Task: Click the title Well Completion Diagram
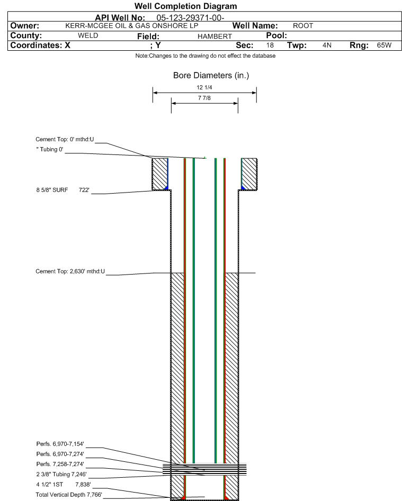coord(185,6)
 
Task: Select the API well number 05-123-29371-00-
coord(190,18)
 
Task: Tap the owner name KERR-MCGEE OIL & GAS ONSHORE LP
coord(132,26)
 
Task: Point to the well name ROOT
coord(303,26)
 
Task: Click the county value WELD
coord(88,35)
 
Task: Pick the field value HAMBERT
coord(215,37)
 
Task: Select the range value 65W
coord(384,45)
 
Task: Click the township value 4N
coord(327,45)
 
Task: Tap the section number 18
coord(270,45)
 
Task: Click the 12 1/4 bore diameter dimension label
coord(204,87)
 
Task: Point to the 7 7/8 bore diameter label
coord(204,98)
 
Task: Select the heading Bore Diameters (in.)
coord(211,76)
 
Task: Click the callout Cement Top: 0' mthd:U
coord(65,139)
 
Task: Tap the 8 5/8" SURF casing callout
coord(62,190)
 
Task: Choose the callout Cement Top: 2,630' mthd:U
coord(70,271)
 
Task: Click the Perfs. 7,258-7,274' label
coord(60,464)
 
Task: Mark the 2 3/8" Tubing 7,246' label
coord(61,474)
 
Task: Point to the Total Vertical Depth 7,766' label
coord(69,495)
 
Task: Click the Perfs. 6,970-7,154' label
coord(60,444)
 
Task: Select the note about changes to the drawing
coord(206,56)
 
